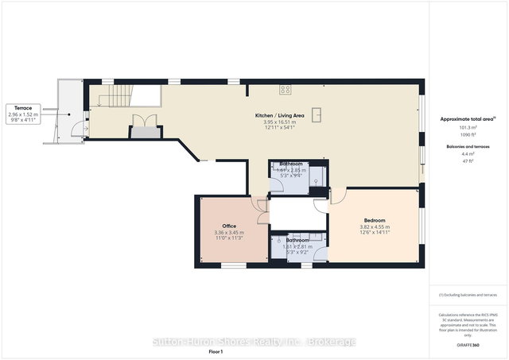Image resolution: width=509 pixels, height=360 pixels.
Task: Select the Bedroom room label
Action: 375,220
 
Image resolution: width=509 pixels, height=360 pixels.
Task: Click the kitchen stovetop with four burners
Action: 285,88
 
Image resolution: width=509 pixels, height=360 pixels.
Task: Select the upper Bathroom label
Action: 290,164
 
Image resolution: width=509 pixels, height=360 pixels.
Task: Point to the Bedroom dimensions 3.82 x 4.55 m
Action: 375,226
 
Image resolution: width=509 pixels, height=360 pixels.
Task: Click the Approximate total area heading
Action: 468,118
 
